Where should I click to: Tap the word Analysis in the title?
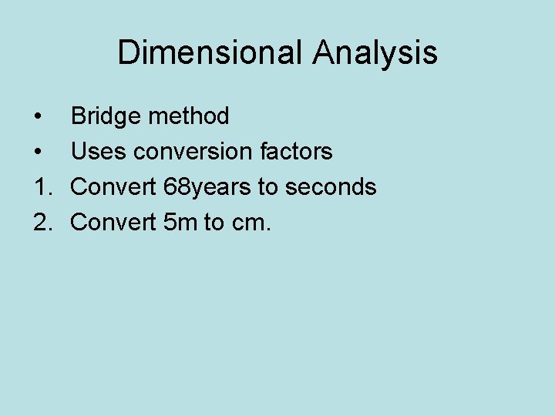(375, 53)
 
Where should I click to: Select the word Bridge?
(106, 116)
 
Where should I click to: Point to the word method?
(189, 116)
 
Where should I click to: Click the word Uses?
(99, 152)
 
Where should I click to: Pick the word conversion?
(194, 152)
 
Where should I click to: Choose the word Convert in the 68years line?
(114, 187)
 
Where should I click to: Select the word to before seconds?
(268, 187)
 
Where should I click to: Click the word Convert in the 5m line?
(114, 223)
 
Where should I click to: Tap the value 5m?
(181, 223)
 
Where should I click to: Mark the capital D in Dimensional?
(128, 53)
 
